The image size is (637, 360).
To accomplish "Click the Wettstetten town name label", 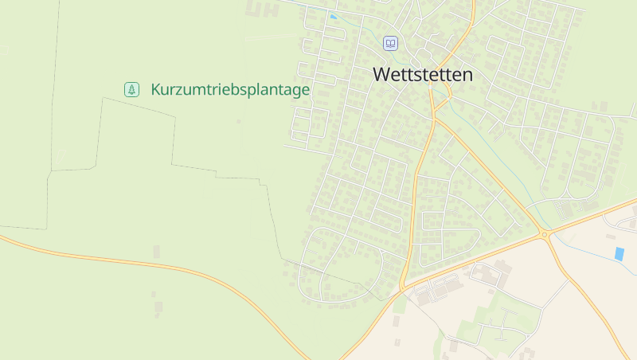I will coord(423,75).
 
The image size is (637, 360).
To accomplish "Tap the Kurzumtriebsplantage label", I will coord(229,90).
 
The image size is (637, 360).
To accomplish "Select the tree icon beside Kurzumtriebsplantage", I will coord(132,90).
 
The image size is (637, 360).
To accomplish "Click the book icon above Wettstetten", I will coord(390,43).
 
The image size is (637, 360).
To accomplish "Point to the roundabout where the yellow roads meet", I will coord(545,234).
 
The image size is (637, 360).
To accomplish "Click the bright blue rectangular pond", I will coord(619,253).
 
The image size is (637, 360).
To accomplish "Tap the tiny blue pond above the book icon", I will coord(333,17).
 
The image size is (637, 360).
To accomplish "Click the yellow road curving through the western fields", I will coord(159,264).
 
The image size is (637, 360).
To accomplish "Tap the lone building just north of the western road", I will coord(157,252).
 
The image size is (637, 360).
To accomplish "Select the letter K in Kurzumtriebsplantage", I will coord(155,90).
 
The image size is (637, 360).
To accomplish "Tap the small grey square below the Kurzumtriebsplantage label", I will coord(238,121).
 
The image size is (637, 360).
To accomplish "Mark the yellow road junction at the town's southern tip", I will coord(404,285).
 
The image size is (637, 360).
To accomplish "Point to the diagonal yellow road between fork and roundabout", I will coord(490,175).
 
